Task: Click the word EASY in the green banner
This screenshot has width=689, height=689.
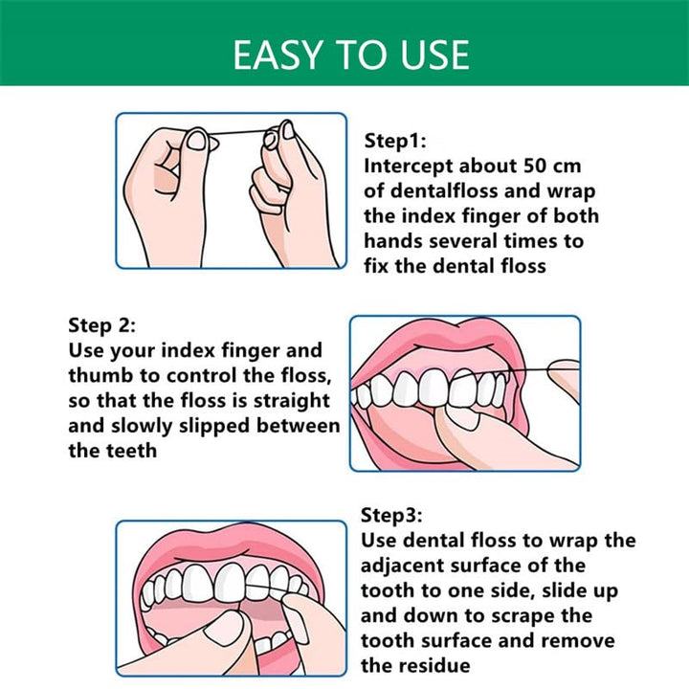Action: pos(277,55)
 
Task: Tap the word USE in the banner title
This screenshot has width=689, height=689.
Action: pos(434,55)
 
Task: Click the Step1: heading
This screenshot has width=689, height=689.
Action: pos(395,141)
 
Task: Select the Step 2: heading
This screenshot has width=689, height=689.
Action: pos(102,325)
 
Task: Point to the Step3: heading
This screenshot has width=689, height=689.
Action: pos(391,516)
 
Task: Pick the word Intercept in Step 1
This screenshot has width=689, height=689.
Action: pos(409,167)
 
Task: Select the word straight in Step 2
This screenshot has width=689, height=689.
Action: pos(291,402)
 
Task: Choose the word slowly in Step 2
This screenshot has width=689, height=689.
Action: pos(142,427)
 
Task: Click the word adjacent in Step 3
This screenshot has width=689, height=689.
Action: pos(404,566)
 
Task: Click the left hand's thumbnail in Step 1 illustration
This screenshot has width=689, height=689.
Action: pos(196,141)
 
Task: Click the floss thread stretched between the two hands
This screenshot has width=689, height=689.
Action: pos(237,132)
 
